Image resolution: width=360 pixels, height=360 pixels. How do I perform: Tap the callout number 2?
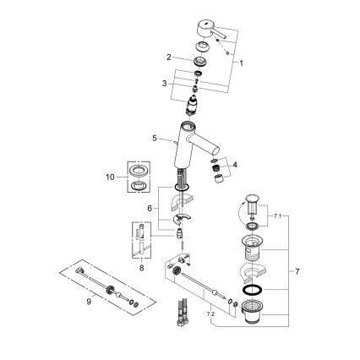pos(169,57)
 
